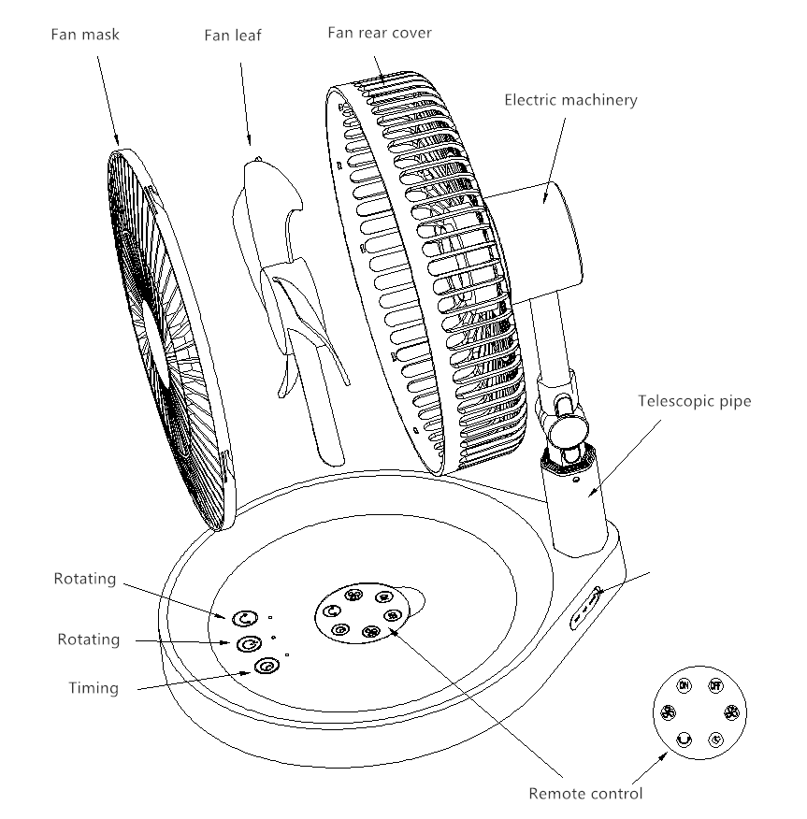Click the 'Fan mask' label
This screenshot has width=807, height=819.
pos(85,35)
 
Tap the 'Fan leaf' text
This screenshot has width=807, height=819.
pos(233,35)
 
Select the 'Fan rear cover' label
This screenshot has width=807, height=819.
pos(380,33)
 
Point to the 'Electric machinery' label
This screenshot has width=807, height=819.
pos(571,100)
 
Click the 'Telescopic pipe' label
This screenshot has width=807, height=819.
pos(695,401)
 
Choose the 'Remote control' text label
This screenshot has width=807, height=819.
pos(585,794)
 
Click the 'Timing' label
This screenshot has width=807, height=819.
pos(94,688)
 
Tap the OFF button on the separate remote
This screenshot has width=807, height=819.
pos(715,685)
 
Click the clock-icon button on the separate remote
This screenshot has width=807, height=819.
pos(715,740)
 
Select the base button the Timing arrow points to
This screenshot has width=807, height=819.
pos(267,666)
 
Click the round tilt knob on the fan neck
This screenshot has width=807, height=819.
pos(568,429)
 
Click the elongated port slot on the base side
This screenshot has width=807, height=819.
pos(586,609)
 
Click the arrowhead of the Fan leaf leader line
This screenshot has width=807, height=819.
pos(249,141)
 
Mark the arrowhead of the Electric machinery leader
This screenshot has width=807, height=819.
pos(543,198)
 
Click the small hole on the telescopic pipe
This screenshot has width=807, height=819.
pos(576,479)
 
